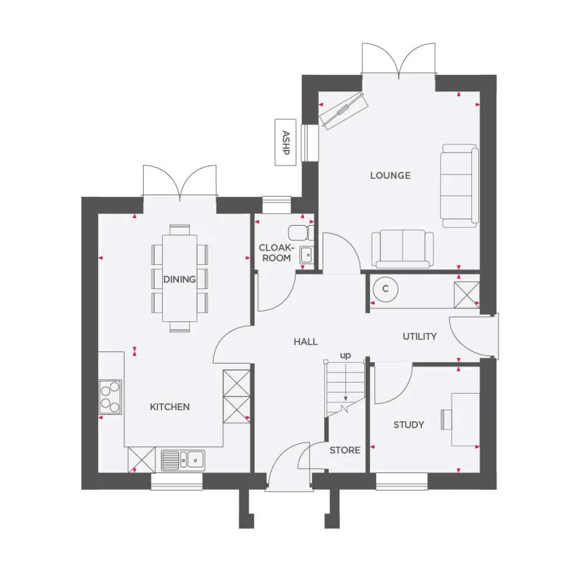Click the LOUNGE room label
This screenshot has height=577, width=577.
(x=390, y=176)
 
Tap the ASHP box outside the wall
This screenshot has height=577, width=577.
(x=285, y=142)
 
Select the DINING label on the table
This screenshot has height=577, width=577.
(x=180, y=280)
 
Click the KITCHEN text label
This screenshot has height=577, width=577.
(x=170, y=407)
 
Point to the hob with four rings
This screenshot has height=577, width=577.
(x=110, y=397)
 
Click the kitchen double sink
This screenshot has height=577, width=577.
(x=183, y=459)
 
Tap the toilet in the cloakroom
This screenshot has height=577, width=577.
(x=299, y=231)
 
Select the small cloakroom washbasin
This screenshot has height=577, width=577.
(x=306, y=255)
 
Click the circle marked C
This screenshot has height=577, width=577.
(x=385, y=289)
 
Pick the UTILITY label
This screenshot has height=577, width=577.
(x=420, y=337)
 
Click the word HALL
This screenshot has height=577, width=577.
(x=306, y=342)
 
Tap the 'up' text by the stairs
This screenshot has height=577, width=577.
(x=346, y=355)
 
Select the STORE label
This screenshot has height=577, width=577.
(x=345, y=451)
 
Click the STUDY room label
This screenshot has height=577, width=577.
(x=408, y=424)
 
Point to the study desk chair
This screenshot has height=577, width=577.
(x=446, y=419)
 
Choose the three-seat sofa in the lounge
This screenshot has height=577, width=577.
(x=459, y=186)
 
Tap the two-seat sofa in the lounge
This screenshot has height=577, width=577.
(x=402, y=248)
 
